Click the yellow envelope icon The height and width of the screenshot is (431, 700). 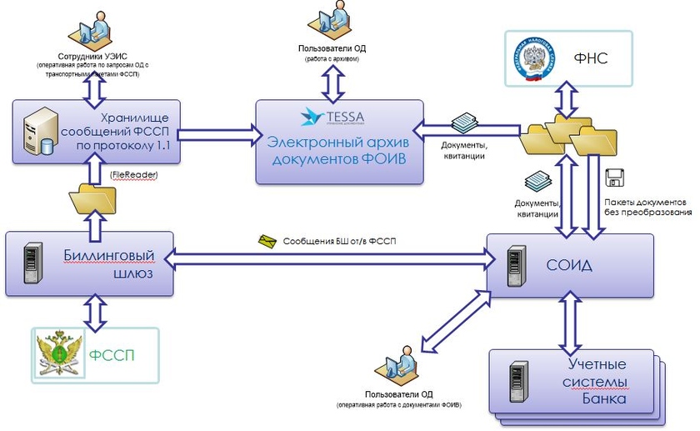click(x=267, y=241)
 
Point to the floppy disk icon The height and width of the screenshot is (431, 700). click(x=615, y=178)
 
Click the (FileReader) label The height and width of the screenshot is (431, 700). click(x=132, y=176)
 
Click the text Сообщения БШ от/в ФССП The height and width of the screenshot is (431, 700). click(x=340, y=242)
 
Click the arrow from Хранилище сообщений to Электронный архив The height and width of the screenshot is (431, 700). click(x=217, y=131)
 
